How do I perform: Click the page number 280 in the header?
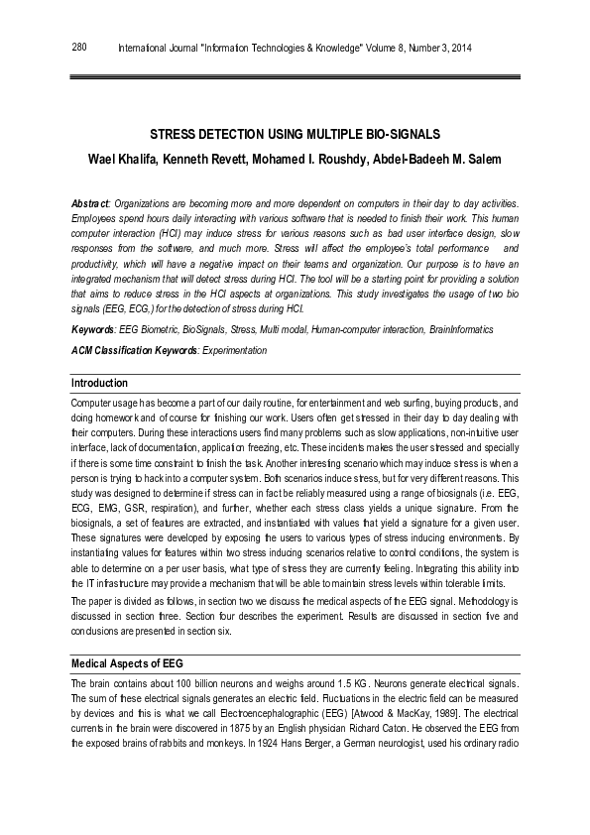79,47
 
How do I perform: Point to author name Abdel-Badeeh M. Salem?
441,160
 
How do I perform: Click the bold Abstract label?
91,203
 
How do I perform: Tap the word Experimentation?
234,350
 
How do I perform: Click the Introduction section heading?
99,383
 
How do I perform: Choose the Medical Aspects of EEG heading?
126,662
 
